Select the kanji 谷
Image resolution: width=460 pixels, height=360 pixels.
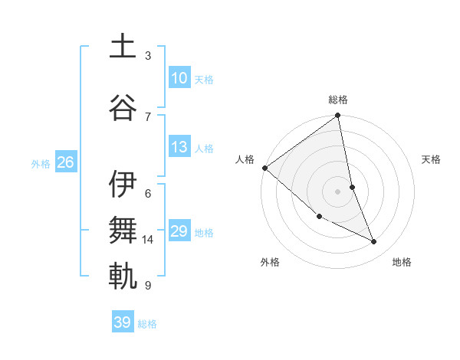point(122,108)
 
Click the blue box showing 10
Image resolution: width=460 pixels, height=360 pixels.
point(179,77)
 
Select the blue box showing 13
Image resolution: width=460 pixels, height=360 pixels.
point(179,147)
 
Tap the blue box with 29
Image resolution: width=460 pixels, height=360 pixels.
point(179,231)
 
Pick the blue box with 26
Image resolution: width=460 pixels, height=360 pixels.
point(65,162)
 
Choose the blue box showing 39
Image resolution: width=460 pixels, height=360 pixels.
point(122,322)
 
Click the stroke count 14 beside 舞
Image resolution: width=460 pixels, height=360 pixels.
point(148,240)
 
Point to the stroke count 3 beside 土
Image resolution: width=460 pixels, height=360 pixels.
point(148,56)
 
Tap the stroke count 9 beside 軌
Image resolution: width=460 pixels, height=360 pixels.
point(148,286)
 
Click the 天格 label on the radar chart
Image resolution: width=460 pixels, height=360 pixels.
point(431,159)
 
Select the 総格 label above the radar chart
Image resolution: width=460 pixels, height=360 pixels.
point(337,100)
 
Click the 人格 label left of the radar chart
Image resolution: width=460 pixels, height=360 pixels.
point(245,159)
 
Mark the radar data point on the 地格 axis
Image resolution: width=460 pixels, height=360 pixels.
point(374,241)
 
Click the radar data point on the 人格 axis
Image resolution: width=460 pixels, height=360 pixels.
point(264,168)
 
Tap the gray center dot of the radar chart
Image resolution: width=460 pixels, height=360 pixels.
point(337,191)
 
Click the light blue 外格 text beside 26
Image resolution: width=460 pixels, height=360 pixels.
point(41,164)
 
